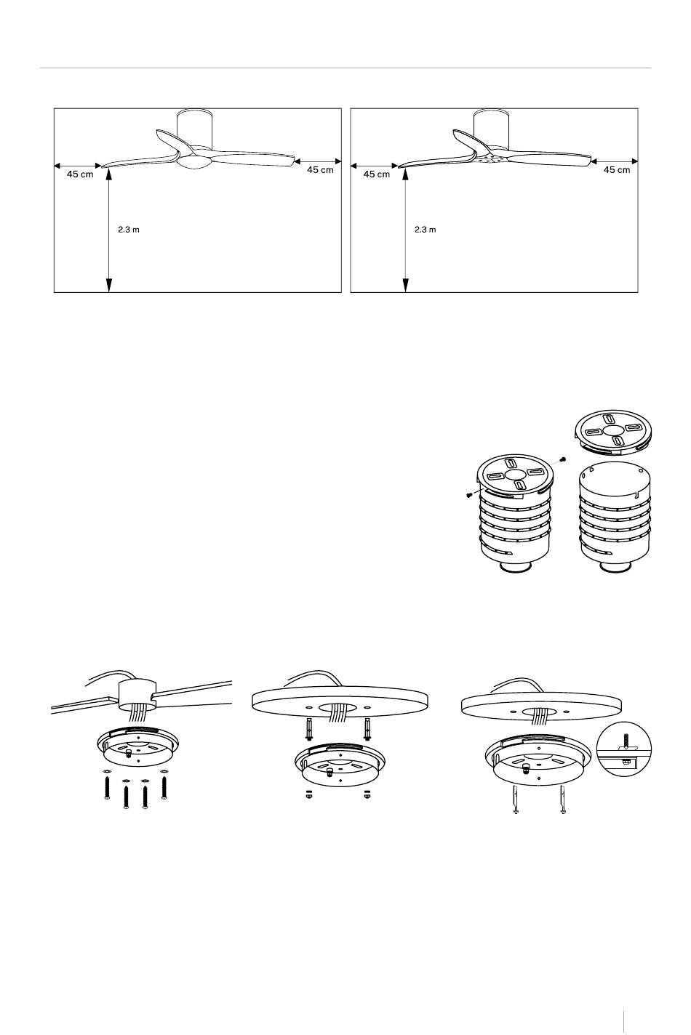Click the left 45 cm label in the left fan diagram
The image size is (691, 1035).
coord(80,174)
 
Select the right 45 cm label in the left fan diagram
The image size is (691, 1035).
coord(320,169)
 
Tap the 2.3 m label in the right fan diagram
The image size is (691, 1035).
coord(425,229)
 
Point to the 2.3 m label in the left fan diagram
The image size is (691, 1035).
coord(128,229)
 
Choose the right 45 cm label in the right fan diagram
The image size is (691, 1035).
coord(617,169)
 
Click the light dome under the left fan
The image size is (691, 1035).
coord(194,163)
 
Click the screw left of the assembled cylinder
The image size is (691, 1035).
coord(468,495)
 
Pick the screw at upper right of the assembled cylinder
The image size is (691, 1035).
coord(562,459)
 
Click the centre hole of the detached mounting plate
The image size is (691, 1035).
coord(613,430)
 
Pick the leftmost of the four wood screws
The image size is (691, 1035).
coord(108,787)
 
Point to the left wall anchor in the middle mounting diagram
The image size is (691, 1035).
coord(309,729)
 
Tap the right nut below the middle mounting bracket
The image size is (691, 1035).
coord(367,794)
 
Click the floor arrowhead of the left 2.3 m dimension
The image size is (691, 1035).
coord(109,286)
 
